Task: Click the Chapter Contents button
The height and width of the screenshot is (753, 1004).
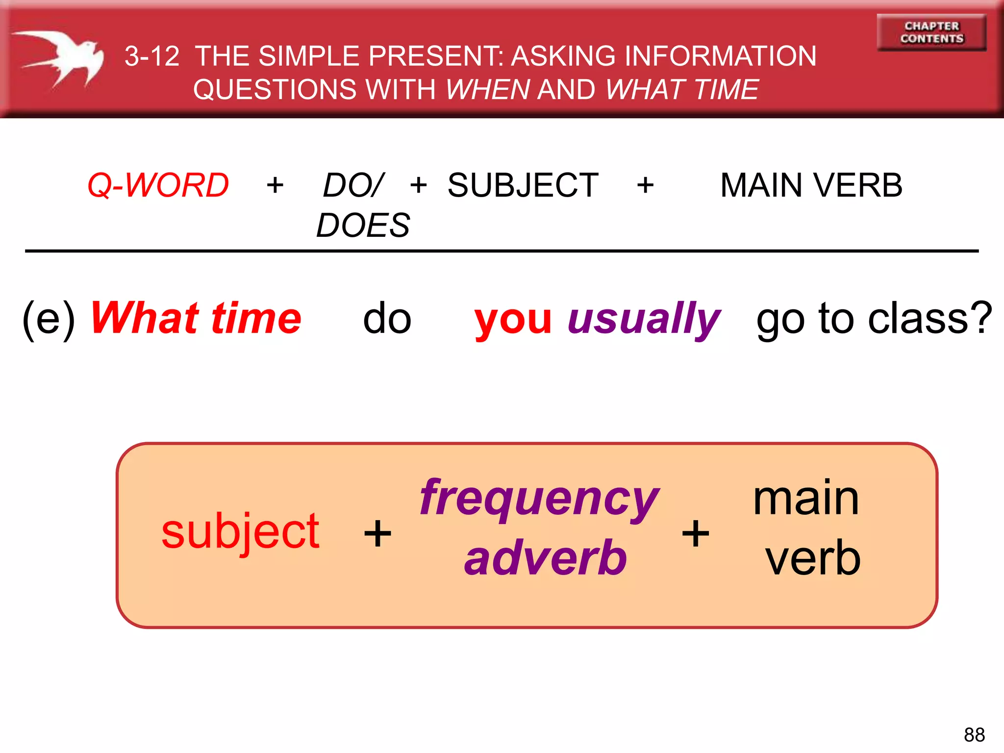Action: (x=931, y=32)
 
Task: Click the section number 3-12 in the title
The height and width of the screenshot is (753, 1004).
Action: (x=152, y=56)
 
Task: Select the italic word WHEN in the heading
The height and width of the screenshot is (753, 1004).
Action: (x=488, y=90)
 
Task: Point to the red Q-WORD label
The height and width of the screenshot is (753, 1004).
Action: (x=158, y=185)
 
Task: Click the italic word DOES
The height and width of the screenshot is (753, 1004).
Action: (x=363, y=226)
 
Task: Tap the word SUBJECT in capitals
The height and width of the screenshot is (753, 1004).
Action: (x=523, y=185)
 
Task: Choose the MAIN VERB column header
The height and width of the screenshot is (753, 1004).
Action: (x=811, y=185)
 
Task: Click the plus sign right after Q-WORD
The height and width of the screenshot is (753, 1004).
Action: (x=275, y=185)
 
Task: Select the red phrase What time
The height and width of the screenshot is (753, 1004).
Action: (x=196, y=319)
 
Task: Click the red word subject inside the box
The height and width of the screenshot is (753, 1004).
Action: (x=240, y=532)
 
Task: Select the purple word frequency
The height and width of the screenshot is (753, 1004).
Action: (x=539, y=499)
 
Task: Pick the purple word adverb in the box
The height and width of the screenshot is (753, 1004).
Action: (x=546, y=558)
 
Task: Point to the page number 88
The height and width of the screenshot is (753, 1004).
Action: (x=974, y=735)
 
